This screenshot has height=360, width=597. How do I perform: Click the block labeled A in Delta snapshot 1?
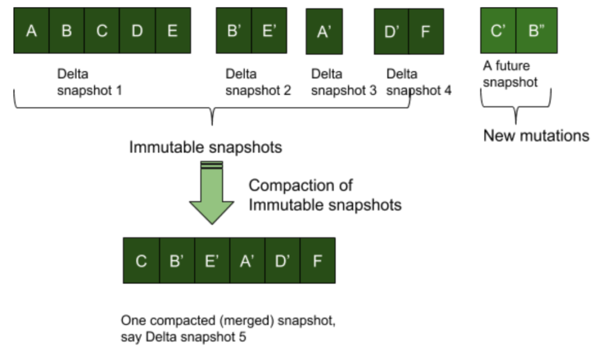point(31,31)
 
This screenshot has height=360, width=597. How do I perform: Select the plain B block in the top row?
point(66,31)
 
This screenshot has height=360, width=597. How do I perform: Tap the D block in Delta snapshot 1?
point(137,31)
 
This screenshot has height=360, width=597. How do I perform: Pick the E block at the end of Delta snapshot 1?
point(173,31)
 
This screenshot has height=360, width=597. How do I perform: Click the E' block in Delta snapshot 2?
point(269,31)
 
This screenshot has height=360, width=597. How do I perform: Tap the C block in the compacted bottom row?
point(141,261)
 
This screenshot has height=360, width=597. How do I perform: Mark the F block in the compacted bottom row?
point(317,261)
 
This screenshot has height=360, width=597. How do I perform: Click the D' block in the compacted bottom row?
point(282,261)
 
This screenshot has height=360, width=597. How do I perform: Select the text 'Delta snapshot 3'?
point(343,83)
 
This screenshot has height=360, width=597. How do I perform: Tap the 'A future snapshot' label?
point(511,75)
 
